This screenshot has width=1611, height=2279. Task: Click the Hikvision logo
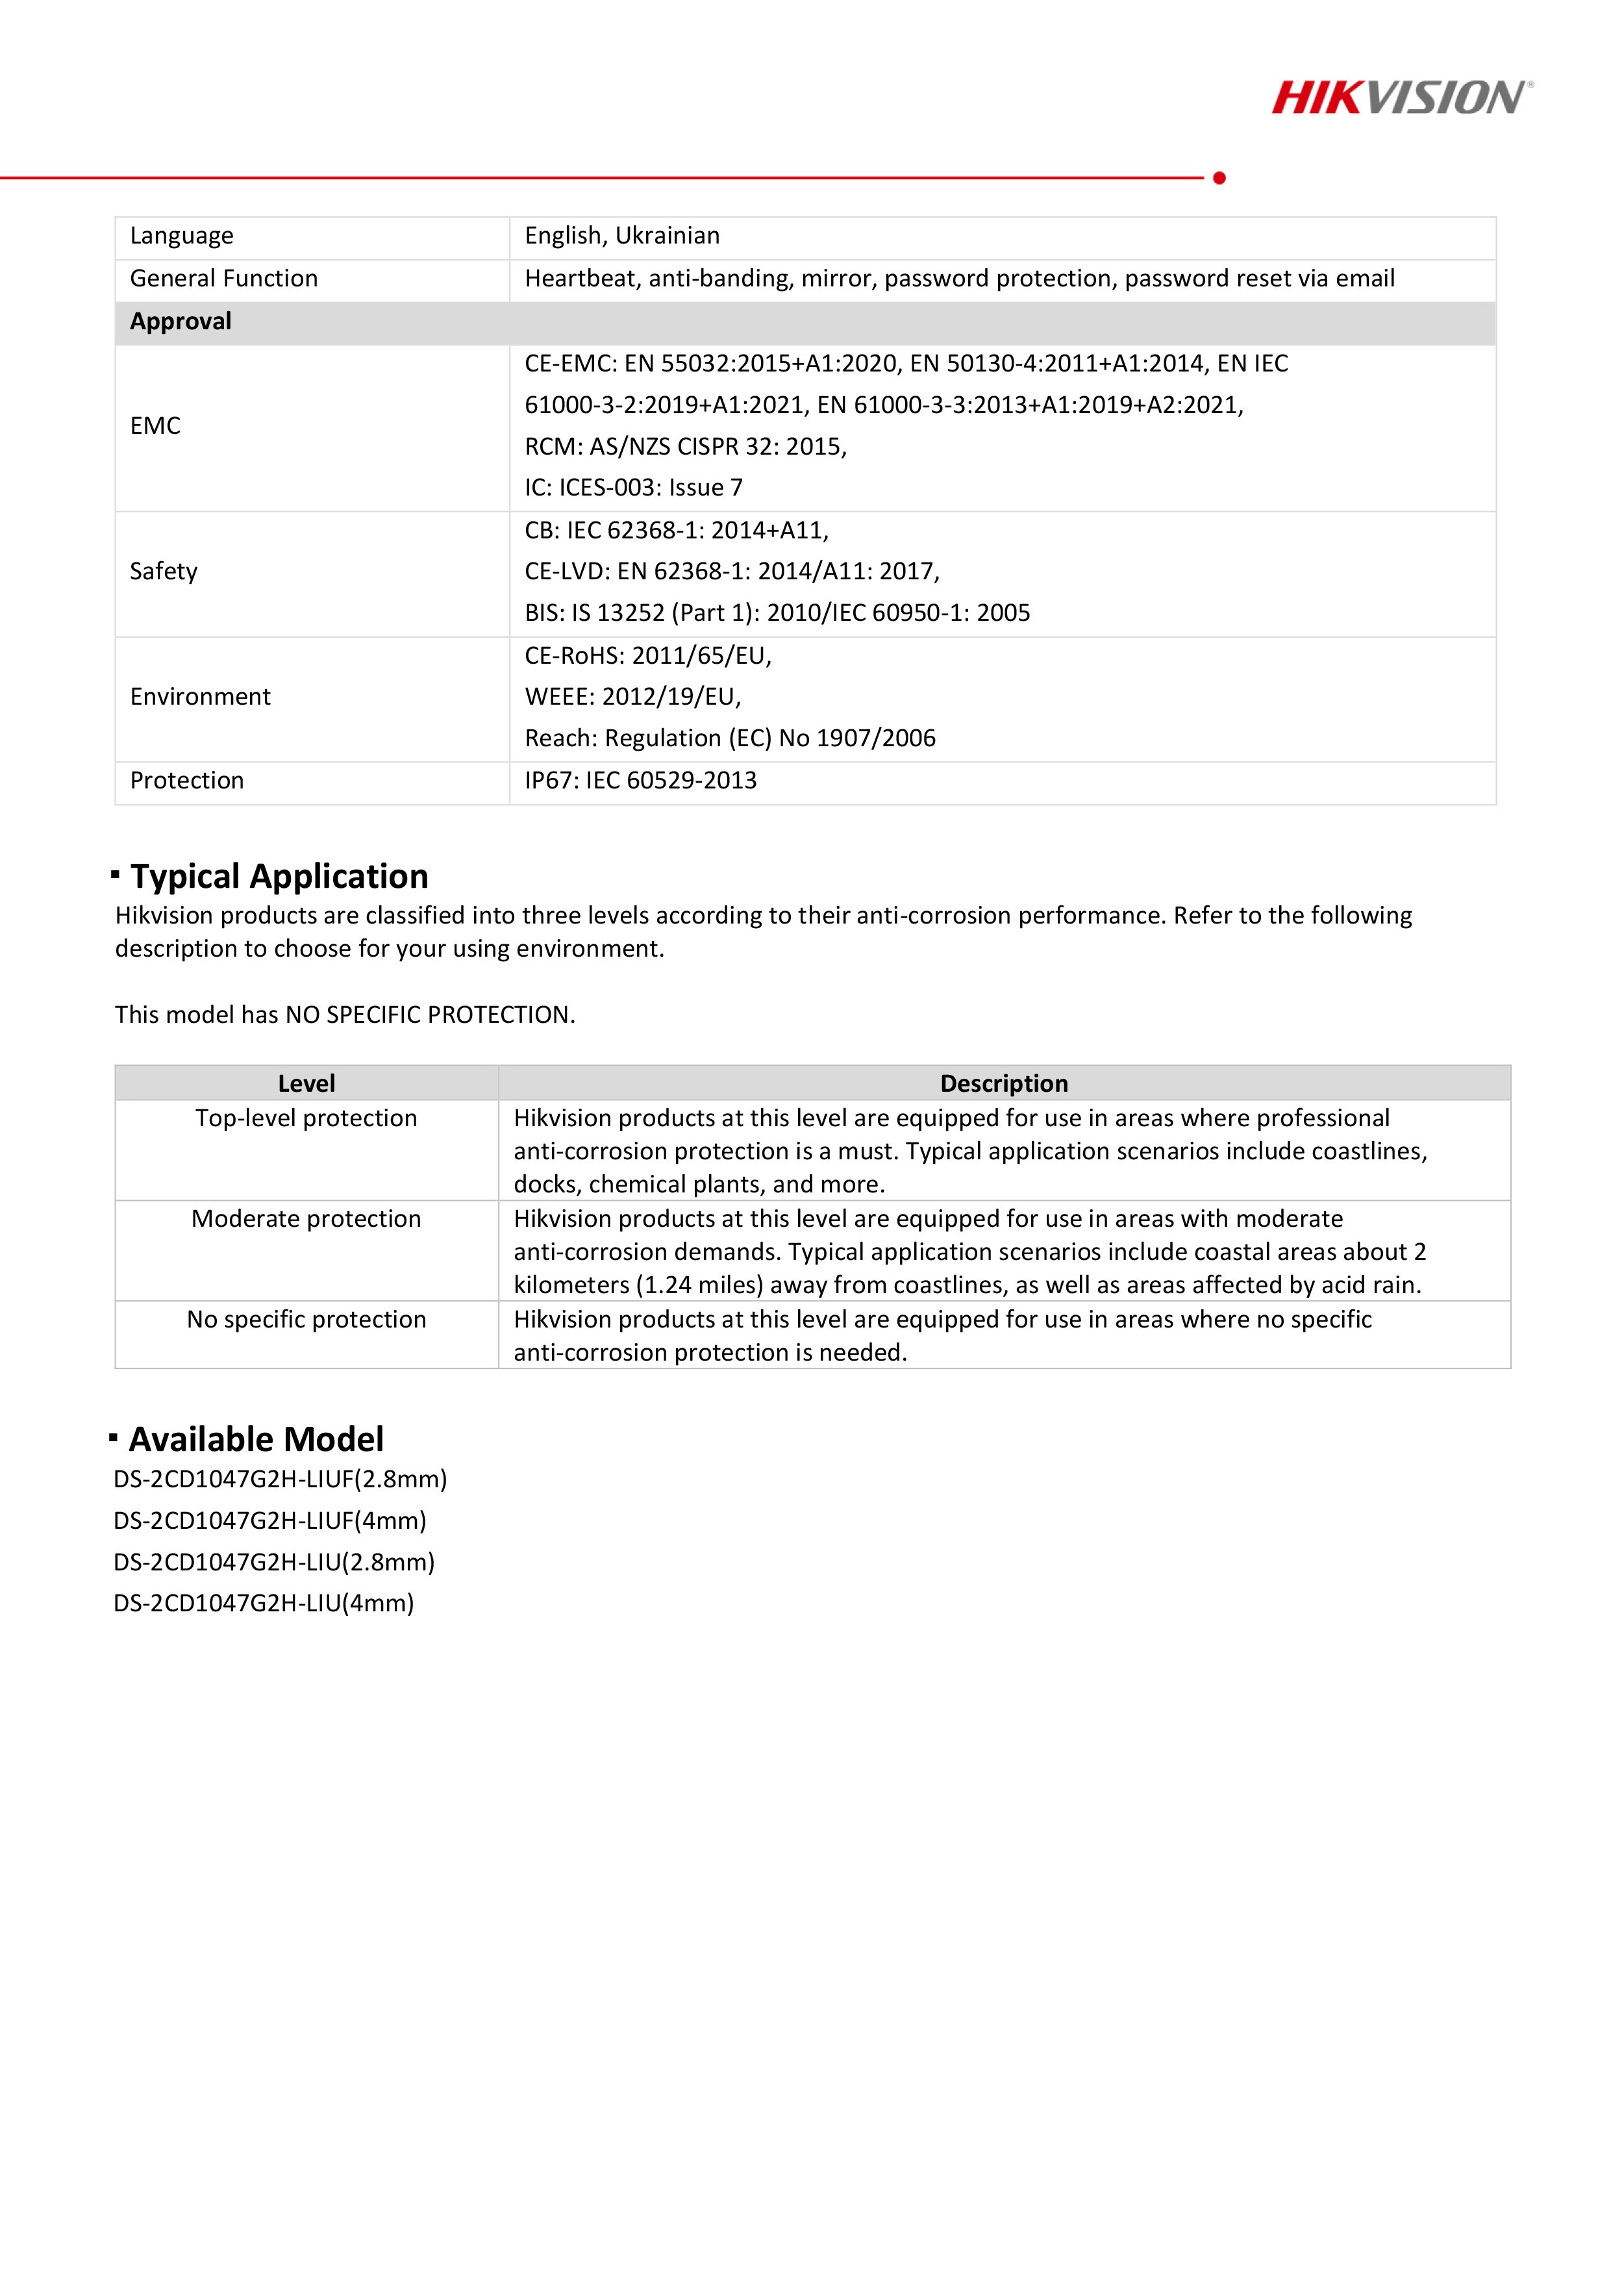pos(1401,98)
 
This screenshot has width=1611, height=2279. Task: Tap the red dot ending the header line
pos(1219,178)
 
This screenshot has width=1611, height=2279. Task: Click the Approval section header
pos(181,321)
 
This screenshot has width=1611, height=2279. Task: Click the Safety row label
pos(164,572)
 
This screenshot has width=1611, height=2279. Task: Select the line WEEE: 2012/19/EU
pos(632,697)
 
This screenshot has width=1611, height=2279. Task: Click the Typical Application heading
pos(279,876)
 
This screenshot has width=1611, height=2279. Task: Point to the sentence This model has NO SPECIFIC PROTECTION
pos(344,1015)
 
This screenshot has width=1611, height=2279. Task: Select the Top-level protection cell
pos(306,1118)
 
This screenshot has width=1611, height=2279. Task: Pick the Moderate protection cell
pos(306,1219)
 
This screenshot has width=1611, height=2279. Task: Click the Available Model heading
pos(255,1439)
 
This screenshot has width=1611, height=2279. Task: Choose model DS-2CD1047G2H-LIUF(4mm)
pos(269,1520)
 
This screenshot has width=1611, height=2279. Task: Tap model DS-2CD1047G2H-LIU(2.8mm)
pos(274,1563)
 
